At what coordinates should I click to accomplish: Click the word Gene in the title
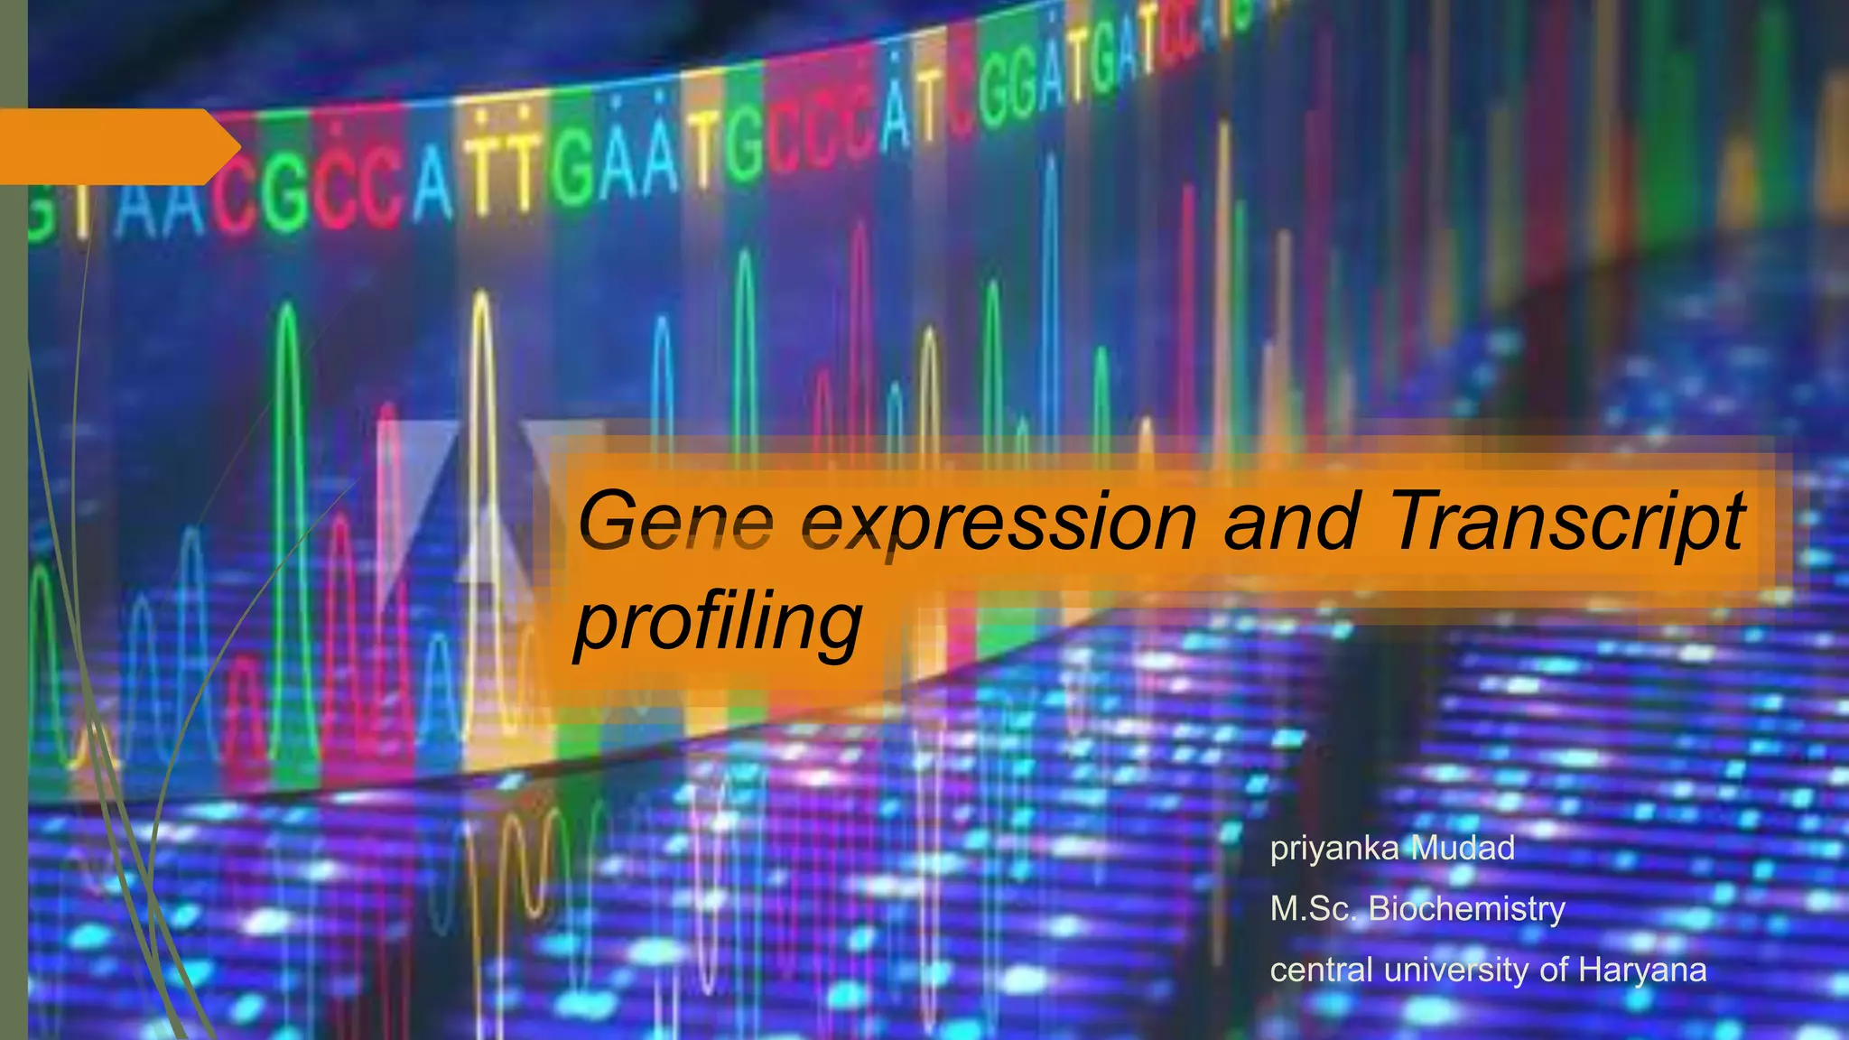(675, 522)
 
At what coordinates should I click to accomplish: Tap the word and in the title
(1291, 521)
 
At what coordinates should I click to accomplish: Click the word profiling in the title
(719, 623)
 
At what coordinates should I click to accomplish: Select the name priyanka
(1334, 849)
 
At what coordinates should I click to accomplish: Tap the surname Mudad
(1463, 848)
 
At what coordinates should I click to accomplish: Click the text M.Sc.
(1314, 908)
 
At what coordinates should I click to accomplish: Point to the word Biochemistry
(1466, 909)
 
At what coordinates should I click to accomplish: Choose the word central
(1322, 970)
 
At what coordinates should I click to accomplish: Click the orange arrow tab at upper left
(117, 146)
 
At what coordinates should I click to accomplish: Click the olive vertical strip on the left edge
(14, 542)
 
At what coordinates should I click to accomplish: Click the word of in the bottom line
(1554, 970)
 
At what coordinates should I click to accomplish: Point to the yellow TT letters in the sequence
(501, 166)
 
